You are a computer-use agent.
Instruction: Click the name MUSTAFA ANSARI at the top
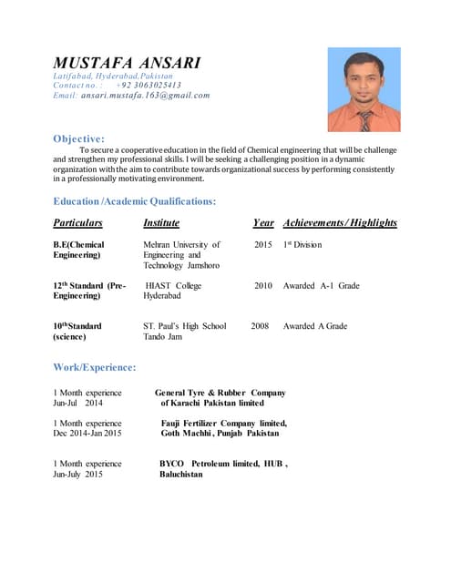(127, 63)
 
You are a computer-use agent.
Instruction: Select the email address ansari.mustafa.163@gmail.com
(145, 95)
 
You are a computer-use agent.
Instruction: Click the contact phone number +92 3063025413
(155, 85)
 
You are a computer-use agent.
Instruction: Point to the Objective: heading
(78, 138)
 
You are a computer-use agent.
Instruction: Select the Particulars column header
(77, 223)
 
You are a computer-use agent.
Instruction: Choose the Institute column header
(161, 223)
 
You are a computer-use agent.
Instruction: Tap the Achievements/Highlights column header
(340, 223)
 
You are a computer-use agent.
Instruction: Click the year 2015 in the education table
(263, 245)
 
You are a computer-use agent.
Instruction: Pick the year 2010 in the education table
(263, 286)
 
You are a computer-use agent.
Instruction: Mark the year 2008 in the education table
(260, 326)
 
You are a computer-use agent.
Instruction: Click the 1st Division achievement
(302, 245)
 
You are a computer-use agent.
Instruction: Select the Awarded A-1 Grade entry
(321, 286)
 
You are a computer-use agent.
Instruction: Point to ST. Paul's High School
(185, 326)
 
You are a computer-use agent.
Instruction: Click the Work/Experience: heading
(95, 367)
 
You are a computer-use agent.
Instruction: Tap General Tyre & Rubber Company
(220, 393)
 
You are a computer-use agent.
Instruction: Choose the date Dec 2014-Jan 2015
(87, 434)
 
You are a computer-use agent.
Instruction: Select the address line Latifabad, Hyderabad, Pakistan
(107, 76)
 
